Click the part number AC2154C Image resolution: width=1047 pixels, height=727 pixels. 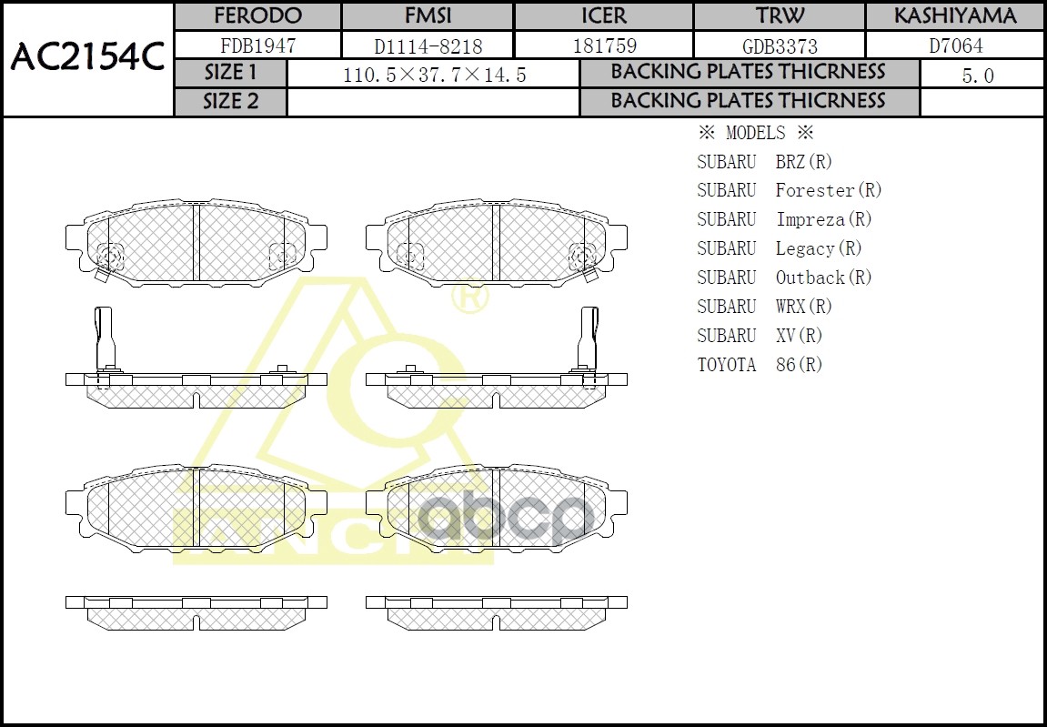coord(86,58)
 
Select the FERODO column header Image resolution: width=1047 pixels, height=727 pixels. coord(257,16)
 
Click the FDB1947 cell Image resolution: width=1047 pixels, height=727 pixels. coord(257,45)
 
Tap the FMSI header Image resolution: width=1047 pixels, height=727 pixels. coord(428,16)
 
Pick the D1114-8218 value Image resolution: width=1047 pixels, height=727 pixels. coord(428,45)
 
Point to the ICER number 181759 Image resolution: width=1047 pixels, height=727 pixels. coord(604,45)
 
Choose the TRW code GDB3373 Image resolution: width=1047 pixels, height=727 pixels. coord(780,45)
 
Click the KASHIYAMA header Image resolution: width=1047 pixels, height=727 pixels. coord(954,16)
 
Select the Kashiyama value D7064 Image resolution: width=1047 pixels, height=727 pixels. coord(954,45)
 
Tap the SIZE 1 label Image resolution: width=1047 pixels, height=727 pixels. coord(230,73)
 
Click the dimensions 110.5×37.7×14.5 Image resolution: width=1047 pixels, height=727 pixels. coord(434,76)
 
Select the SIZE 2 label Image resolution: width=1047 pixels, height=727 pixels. coord(230,102)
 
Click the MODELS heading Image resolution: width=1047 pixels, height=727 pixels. coord(755,133)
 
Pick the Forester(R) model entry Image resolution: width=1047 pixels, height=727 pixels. coord(829,190)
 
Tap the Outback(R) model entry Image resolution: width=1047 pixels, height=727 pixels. coord(823,278)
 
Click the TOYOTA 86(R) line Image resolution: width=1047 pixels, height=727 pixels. coord(760,365)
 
